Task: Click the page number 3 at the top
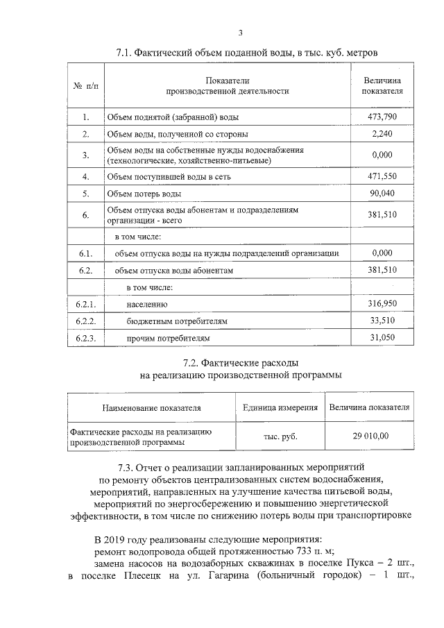pos(240,32)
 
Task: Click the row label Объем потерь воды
pos(144,194)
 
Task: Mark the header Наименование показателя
pos(151,407)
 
